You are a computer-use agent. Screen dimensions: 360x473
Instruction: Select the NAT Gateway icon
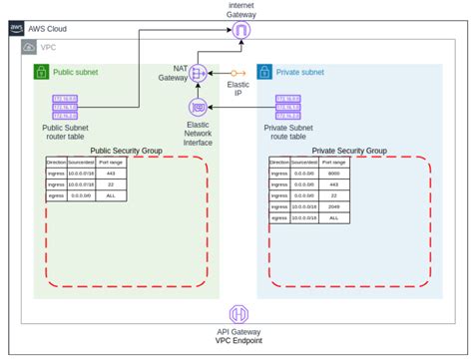[198, 73]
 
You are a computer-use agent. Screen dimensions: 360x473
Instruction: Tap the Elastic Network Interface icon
[198, 106]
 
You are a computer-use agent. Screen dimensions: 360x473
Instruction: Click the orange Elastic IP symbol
[237, 73]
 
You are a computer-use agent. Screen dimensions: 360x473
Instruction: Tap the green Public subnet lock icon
[42, 72]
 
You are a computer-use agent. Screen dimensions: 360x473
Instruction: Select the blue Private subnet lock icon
[265, 72]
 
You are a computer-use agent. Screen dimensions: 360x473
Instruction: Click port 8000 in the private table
[340, 172]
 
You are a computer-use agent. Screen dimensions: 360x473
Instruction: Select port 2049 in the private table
[340, 207]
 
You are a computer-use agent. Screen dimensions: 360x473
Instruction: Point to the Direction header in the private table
[280, 161]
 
